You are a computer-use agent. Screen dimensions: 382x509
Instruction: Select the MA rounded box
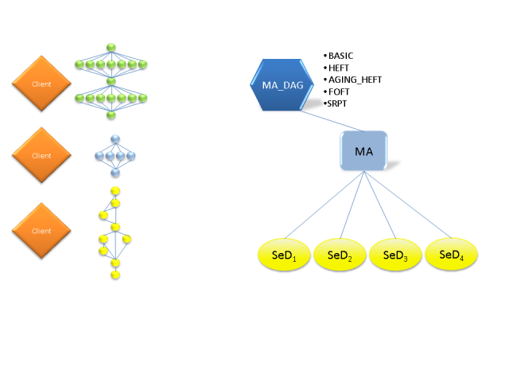(363, 151)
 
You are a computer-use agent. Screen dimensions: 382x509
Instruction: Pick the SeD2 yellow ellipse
(340, 255)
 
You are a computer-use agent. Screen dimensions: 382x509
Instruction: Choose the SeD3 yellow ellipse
(395, 255)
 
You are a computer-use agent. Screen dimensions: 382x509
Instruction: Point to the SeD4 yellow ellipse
(451, 255)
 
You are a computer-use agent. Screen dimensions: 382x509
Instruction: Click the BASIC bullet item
(340, 56)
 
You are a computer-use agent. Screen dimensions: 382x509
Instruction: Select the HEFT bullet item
(338, 68)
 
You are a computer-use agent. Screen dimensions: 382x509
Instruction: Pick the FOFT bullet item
(338, 92)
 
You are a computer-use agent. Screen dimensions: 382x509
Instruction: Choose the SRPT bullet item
(338, 103)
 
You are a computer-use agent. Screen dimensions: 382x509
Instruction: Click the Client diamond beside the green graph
(41, 84)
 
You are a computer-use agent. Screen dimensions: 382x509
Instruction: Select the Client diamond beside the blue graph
(41, 155)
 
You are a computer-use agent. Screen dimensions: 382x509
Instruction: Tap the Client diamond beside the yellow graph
(41, 231)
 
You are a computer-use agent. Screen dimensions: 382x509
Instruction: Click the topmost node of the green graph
(111, 47)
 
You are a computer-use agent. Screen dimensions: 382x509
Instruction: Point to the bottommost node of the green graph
(111, 115)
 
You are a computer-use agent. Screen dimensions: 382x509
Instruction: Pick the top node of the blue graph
(115, 140)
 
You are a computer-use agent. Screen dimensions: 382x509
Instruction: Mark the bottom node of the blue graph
(115, 173)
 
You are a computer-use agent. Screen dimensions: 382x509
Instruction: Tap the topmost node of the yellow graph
(115, 191)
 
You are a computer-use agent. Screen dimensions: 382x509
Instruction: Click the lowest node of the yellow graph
(115, 275)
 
